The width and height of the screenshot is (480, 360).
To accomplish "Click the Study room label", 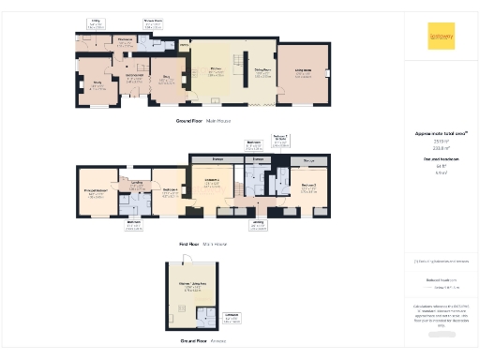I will coord(96,85).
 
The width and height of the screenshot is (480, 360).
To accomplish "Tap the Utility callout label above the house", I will coord(96,22).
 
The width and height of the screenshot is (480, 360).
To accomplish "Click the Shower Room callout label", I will coord(153,22).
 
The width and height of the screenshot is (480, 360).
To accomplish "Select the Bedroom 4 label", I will coord(171,191).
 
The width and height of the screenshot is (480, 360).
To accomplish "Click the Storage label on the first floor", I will coord(308,162).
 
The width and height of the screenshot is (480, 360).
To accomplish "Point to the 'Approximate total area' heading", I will coord(441,134).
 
